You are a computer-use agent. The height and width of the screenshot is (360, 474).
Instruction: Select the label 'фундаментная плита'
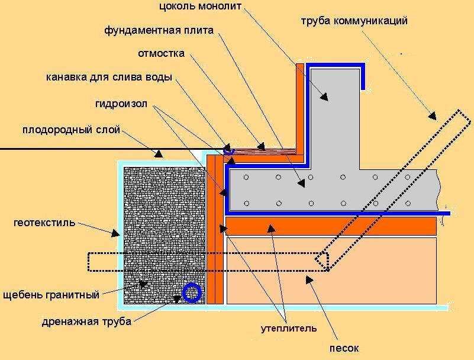[x=159, y=30]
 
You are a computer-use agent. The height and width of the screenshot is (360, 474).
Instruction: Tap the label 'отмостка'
[x=161, y=53]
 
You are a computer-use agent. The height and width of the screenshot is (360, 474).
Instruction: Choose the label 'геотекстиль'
[x=45, y=223]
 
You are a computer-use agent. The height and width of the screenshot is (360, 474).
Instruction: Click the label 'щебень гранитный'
[x=51, y=293]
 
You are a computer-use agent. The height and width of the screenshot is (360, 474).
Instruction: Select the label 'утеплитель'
[x=289, y=327]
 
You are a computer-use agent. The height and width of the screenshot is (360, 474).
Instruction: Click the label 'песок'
[x=344, y=348]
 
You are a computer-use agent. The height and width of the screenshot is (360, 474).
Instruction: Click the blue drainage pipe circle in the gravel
[x=192, y=292]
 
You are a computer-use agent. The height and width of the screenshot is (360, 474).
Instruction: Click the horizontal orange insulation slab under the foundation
[x=331, y=225]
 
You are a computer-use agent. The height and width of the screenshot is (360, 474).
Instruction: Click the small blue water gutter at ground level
[x=229, y=151]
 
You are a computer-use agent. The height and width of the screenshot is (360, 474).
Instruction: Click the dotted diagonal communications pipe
[x=391, y=184]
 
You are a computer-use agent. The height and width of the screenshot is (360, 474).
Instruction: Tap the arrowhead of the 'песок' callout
[x=305, y=277]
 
